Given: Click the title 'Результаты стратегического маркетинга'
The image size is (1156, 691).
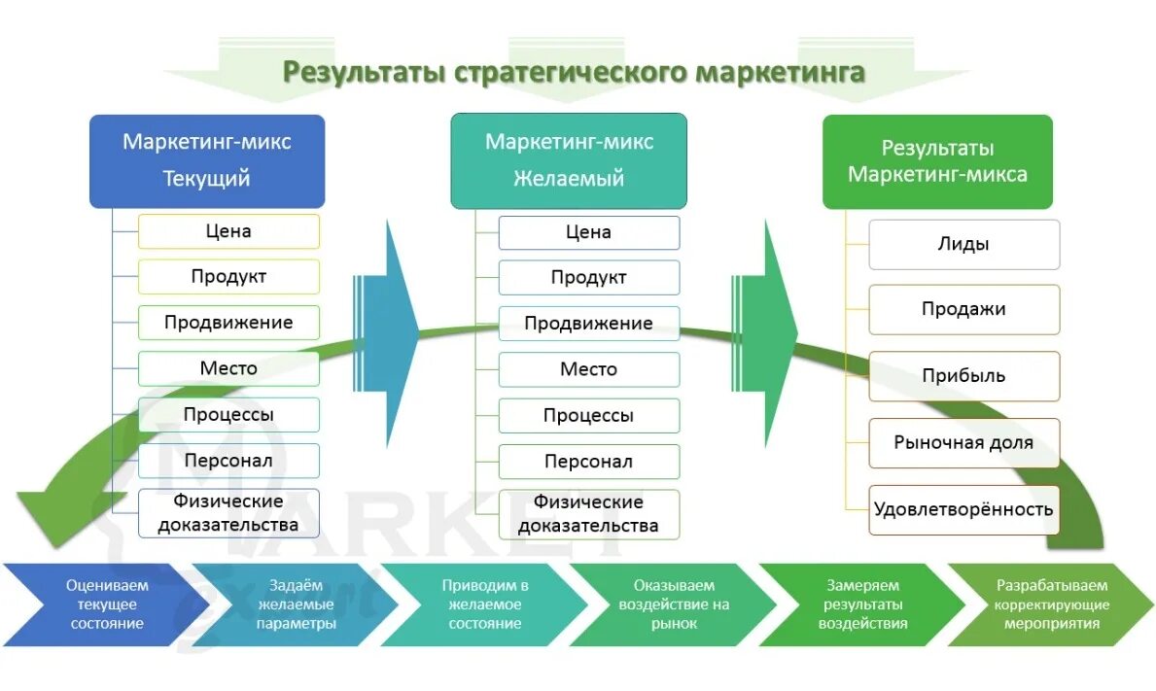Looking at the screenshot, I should pos(574,73).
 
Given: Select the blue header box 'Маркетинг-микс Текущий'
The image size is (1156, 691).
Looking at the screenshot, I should pos(207,160).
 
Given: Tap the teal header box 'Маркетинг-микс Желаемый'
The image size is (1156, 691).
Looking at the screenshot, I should pos(569,160).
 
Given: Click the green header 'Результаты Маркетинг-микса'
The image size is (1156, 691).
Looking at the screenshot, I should pos(937,161).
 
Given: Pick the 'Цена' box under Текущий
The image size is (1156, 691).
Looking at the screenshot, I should pos(228,231).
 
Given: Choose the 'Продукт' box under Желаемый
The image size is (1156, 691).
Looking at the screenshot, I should pos(588,278).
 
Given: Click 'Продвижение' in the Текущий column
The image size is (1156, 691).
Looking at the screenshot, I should pos(228,323).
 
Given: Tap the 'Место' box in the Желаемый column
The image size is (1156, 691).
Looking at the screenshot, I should pos(588,369).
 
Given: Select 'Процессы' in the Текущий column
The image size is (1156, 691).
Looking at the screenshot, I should pos(228,415).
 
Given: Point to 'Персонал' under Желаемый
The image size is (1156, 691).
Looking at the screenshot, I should pos(588,462).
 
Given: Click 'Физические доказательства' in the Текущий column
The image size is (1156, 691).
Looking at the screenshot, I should pos(228,513).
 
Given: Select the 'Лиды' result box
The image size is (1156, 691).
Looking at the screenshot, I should pos(963,245).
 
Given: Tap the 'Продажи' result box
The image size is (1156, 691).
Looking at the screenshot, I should pos(963,310).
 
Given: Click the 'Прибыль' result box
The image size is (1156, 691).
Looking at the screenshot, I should pos(963,376).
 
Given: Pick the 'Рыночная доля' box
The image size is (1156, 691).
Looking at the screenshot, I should pos(963,443).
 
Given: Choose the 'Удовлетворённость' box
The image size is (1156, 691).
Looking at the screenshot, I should pos(963,509).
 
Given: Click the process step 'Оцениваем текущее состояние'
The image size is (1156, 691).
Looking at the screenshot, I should pos(102,605).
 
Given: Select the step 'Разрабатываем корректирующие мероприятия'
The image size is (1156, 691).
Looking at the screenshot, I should pos(1050,605).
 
